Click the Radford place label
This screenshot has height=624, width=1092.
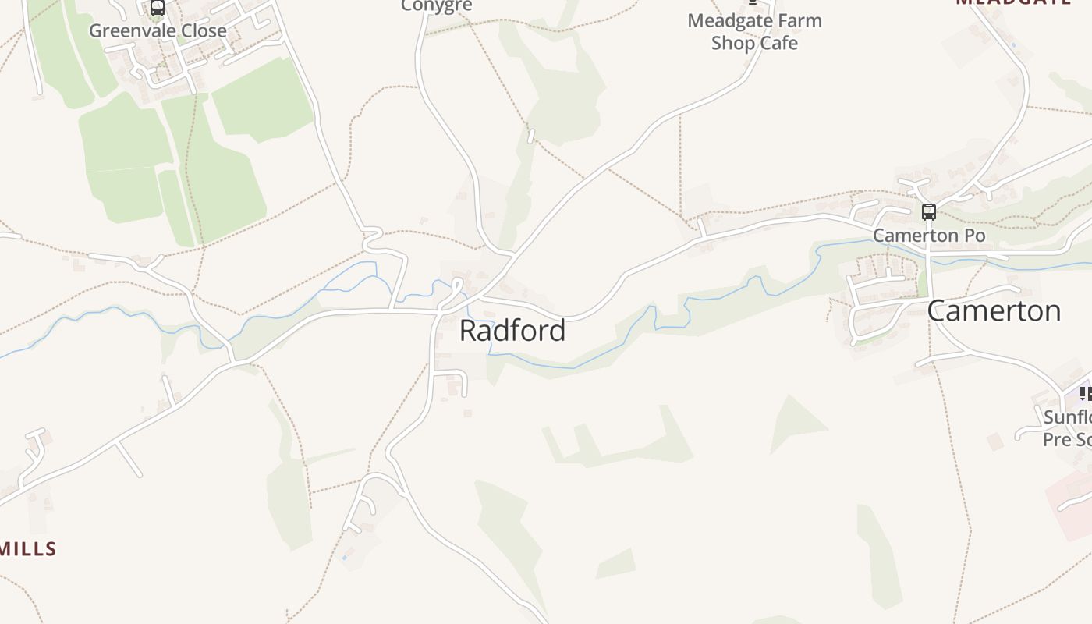click(512, 330)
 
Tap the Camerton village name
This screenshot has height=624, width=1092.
click(994, 310)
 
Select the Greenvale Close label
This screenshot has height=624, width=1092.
click(158, 30)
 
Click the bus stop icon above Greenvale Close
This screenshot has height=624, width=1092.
click(158, 8)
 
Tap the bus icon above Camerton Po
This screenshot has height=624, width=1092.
click(928, 211)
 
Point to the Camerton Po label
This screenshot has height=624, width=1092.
click(928, 235)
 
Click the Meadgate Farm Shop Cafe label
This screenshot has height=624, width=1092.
click(754, 31)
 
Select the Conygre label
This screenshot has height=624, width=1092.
click(437, 6)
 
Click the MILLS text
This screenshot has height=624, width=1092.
click(29, 549)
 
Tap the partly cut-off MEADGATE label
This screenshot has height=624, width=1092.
click(1013, 2)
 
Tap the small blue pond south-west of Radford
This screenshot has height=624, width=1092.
click(344, 558)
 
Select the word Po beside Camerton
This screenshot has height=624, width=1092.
click(973, 235)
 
